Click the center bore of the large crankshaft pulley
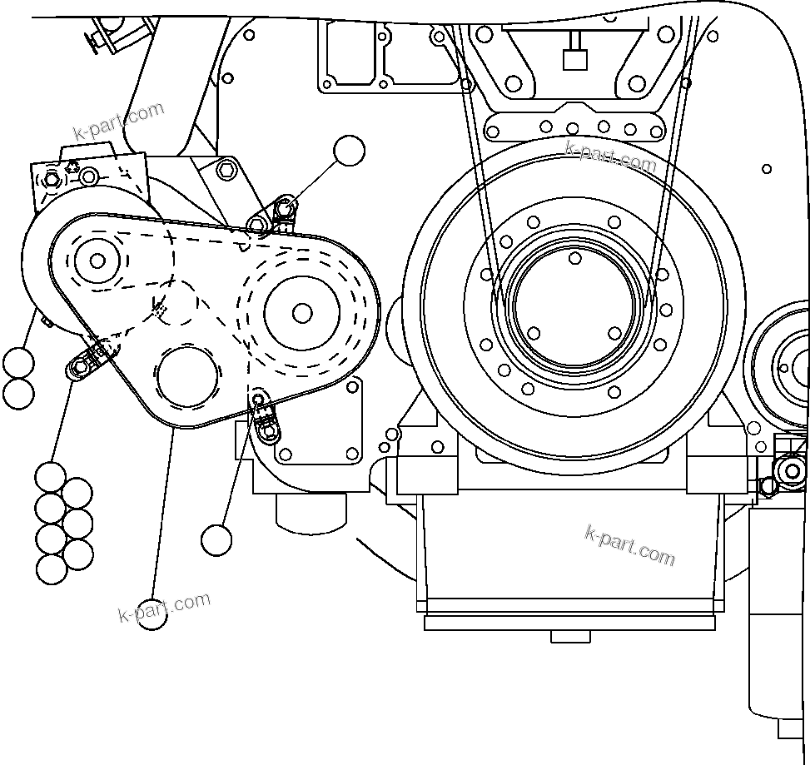click(574, 308)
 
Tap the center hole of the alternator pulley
click(97, 261)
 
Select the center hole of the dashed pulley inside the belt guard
click(302, 312)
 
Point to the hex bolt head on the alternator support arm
click(226, 171)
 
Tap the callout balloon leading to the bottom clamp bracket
click(216, 539)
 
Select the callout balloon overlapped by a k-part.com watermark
click(152, 613)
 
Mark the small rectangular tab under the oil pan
click(572, 637)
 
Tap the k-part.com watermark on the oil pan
click(630, 544)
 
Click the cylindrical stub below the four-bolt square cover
click(311, 524)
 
